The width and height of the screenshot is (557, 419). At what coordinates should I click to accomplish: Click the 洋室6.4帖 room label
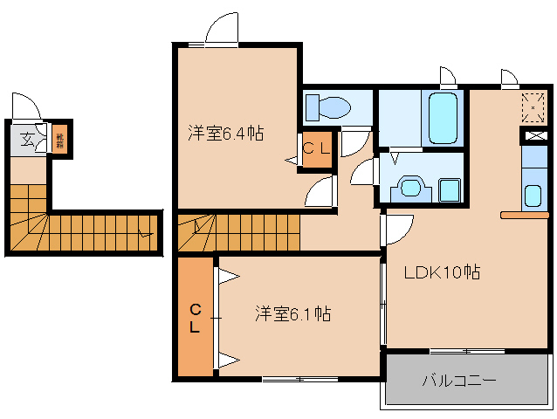[225, 134]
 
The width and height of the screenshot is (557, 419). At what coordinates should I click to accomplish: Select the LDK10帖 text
[442, 271]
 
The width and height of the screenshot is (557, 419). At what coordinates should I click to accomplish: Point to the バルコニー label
[459, 381]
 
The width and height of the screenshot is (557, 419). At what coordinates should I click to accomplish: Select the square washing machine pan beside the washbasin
[449, 189]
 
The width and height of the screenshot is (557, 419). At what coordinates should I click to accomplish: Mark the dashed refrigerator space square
[533, 106]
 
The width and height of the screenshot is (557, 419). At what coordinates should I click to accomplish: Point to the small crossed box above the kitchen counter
[533, 136]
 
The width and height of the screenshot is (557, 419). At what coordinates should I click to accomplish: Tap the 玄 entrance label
[28, 138]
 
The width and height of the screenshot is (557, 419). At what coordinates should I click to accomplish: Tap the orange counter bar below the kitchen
[524, 214]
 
